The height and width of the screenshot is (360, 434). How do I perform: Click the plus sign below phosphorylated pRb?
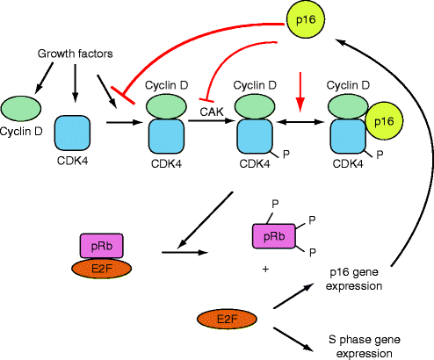pyautogui.click(x=266, y=269)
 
